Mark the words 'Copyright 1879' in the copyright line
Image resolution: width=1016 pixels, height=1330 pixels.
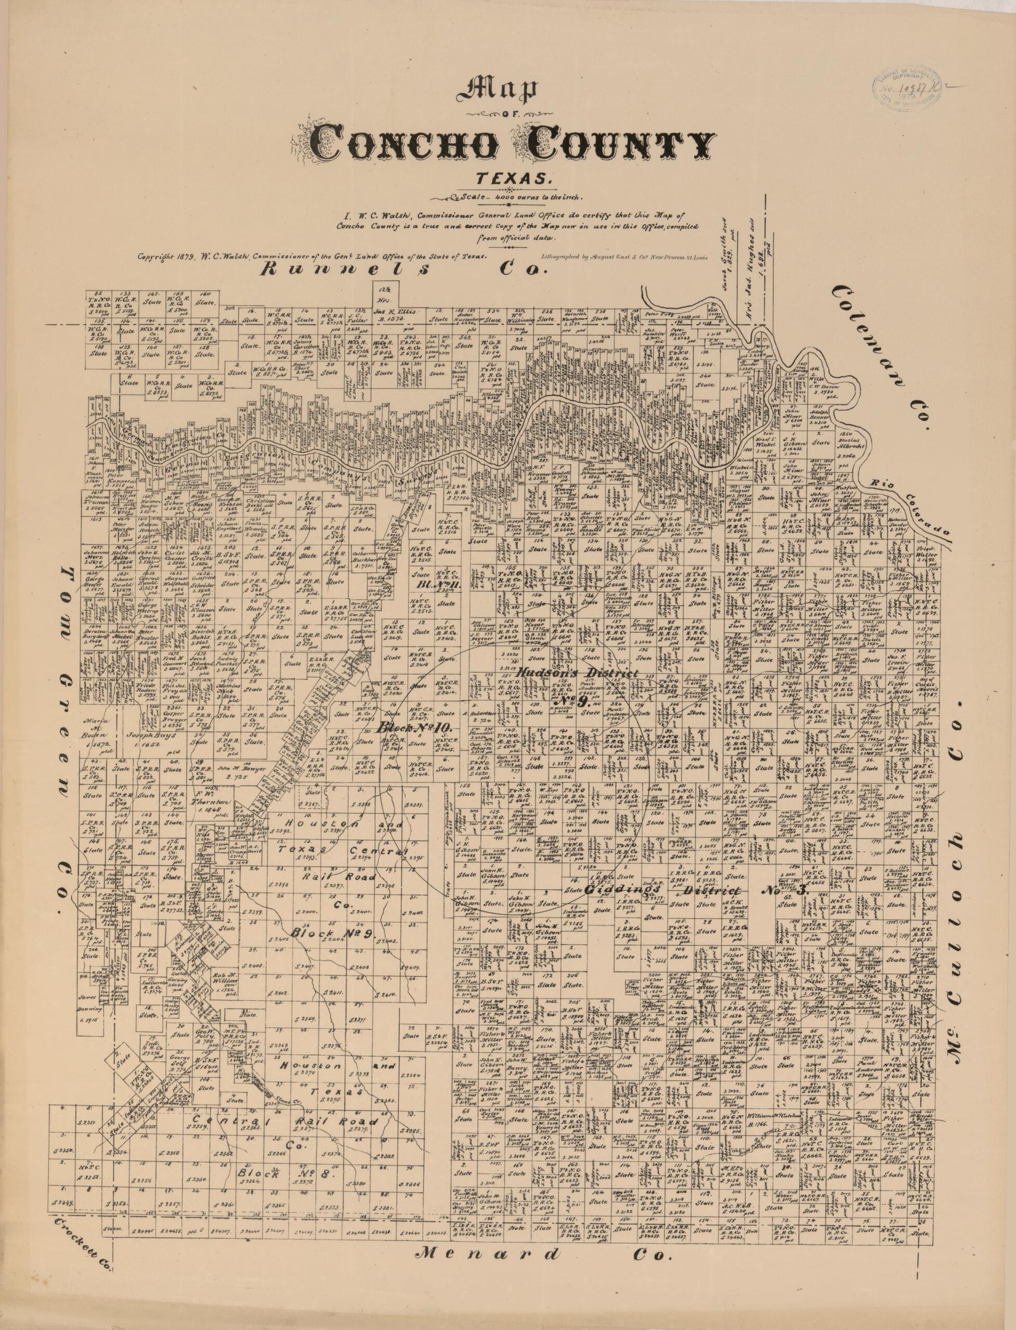pos(163,256)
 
